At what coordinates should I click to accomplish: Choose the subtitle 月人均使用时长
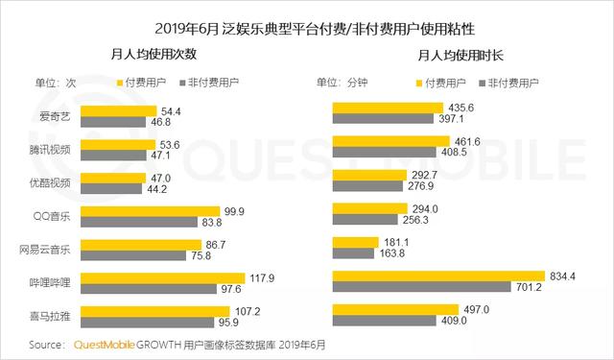[456, 57]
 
